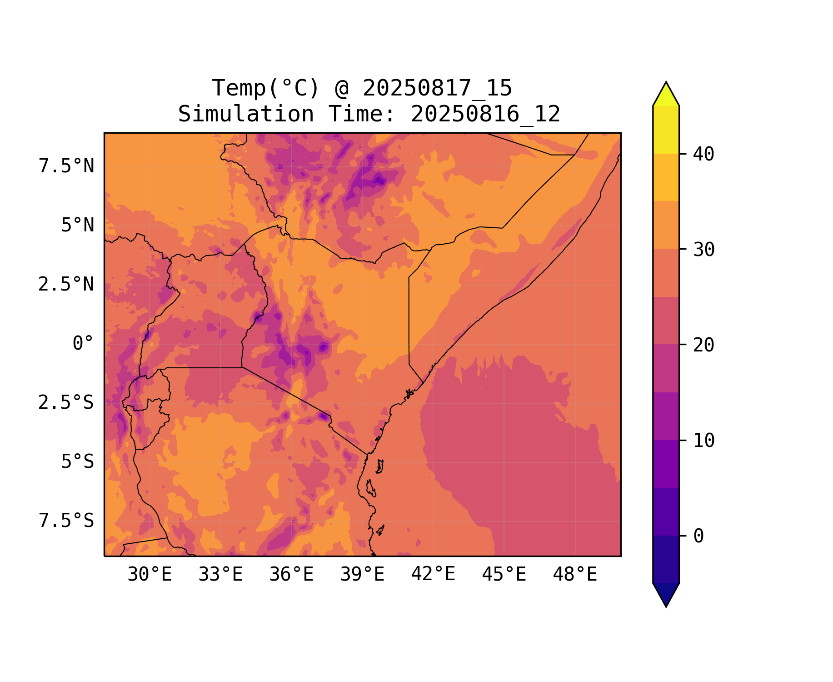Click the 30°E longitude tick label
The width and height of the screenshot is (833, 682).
[x=150, y=575]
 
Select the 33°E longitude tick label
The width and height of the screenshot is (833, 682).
[x=220, y=575]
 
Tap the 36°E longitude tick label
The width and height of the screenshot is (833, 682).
[x=291, y=575]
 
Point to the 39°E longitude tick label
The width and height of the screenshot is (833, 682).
[x=362, y=575]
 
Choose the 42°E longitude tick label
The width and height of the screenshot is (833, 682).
[x=433, y=575]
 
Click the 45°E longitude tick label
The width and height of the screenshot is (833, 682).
[x=504, y=575]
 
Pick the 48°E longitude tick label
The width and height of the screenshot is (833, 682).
[x=575, y=575]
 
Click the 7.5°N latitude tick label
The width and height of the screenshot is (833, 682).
[x=66, y=166]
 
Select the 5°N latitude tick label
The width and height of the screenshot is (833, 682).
[x=78, y=226]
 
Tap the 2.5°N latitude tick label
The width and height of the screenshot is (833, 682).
[x=66, y=285]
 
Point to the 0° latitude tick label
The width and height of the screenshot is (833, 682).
[x=83, y=344]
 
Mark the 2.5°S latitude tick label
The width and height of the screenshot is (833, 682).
[x=66, y=403]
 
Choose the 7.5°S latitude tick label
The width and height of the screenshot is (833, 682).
[x=66, y=521]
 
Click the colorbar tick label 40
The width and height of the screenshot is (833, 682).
[x=703, y=154]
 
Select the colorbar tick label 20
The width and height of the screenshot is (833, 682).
[x=703, y=345]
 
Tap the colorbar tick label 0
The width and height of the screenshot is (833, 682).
[x=698, y=536]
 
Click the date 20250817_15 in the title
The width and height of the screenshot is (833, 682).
[x=437, y=88]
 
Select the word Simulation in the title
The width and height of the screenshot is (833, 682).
[x=246, y=114]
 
